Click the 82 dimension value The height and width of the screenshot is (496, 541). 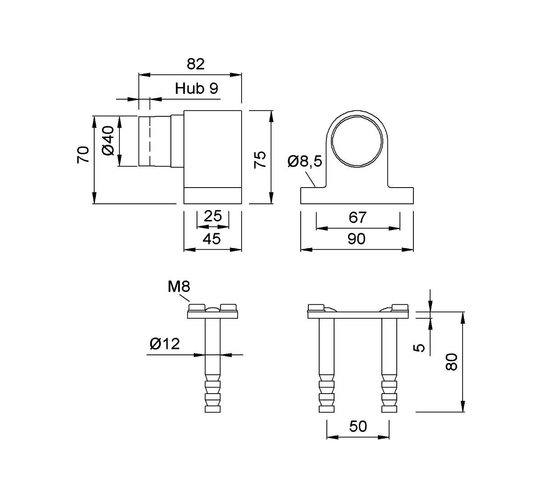click(196, 64)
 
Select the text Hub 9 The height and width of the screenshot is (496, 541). click(196, 88)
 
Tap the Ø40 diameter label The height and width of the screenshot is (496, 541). click(108, 141)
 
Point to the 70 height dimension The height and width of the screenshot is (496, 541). click(83, 155)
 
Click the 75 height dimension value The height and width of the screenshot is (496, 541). click(260, 160)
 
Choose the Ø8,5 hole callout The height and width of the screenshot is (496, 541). click(305, 161)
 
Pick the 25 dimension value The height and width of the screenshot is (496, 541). click(213, 216)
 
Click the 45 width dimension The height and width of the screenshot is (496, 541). click(212, 239)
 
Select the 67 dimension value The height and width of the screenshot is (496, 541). click(358, 217)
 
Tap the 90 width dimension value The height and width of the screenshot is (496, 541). click(357, 239)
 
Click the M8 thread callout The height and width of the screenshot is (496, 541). click(179, 286)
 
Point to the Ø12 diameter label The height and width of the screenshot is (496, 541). click(165, 344)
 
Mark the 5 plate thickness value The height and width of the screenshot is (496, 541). click(419, 348)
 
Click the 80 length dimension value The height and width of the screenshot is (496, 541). click(451, 362)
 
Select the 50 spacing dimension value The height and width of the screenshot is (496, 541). click(358, 427)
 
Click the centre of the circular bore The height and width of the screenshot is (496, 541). click(357, 141)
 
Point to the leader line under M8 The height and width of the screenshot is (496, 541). click(184, 298)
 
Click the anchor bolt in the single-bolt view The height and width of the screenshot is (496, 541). click(212, 365)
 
